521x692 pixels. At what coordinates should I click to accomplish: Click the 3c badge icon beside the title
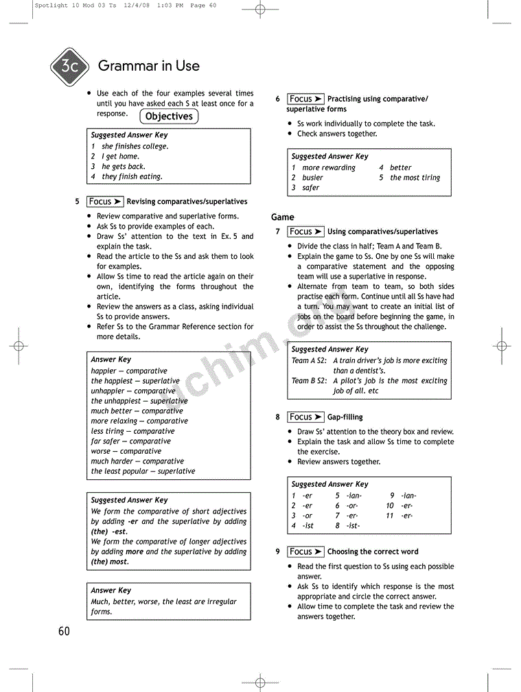point(69,67)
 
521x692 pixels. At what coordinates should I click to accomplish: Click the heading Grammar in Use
point(149,67)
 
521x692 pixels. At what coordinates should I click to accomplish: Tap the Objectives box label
point(169,117)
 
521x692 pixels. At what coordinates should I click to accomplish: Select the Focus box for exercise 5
point(105,202)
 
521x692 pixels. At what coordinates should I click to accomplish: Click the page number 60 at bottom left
point(64,632)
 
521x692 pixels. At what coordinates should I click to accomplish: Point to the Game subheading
point(282,217)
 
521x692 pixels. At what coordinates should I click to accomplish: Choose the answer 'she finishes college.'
point(135,146)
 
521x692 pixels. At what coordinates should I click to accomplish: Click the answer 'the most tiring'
point(415,178)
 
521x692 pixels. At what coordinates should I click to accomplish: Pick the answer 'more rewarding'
point(329,168)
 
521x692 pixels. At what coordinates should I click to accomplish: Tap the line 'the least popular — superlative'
point(143,472)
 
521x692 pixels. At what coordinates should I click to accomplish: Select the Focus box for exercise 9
point(305,552)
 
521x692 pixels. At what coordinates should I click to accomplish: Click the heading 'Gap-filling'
point(345,417)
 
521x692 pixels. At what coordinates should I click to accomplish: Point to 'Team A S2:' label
point(309,360)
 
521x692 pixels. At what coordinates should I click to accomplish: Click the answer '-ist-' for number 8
point(353,526)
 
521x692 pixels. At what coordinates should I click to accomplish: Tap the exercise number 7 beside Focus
point(277,232)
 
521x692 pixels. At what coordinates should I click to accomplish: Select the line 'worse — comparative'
point(126,452)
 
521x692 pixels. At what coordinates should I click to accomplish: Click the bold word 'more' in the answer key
point(135,551)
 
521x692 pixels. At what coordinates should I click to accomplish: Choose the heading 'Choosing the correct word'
point(373,552)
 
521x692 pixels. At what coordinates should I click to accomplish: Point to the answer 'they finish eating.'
point(132,176)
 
